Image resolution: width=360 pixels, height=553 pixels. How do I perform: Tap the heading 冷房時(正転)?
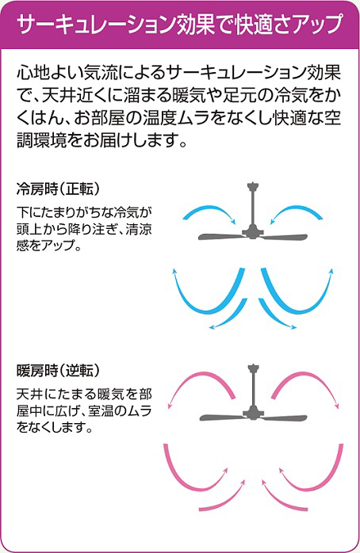(x=58, y=189)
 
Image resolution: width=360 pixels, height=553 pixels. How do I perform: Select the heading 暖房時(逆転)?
(x=58, y=370)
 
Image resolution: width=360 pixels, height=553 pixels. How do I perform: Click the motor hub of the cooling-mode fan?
(x=253, y=231)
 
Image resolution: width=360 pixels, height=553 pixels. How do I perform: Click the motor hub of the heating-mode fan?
(x=253, y=413)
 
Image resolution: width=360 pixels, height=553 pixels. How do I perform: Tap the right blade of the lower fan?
(x=285, y=418)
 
